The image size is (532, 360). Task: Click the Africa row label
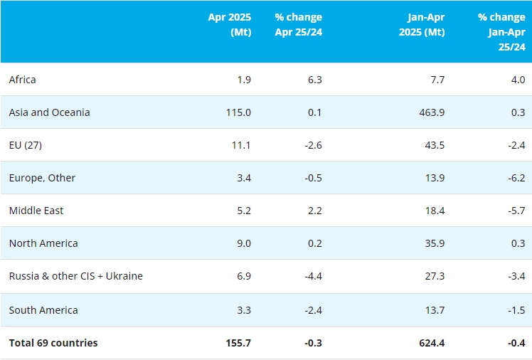tap(23, 80)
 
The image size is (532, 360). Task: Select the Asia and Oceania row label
tap(50, 112)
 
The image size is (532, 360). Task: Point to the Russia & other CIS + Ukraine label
tap(76, 276)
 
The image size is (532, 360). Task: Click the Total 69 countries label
tap(53, 343)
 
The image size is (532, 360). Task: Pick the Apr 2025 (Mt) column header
tap(230, 24)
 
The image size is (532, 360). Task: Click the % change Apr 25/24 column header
tap(298, 24)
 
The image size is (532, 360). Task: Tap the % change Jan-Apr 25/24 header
tap(501, 31)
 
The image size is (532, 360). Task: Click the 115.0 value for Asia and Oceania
tap(238, 112)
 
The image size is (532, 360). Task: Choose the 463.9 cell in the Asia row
tap(431, 112)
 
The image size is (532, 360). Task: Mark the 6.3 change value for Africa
tap(314, 80)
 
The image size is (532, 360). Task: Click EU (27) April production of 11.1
tap(241, 145)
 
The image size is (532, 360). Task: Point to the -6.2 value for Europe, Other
tap(516, 178)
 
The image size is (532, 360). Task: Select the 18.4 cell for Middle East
tap(435, 211)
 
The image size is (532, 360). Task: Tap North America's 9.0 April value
tap(243, 243)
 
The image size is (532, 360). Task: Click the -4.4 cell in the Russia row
tap(312, 276)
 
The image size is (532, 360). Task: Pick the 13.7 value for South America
tap(435, 310)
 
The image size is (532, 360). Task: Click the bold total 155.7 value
tap(238, 343)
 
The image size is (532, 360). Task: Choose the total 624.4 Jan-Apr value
tap(431, 343)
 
